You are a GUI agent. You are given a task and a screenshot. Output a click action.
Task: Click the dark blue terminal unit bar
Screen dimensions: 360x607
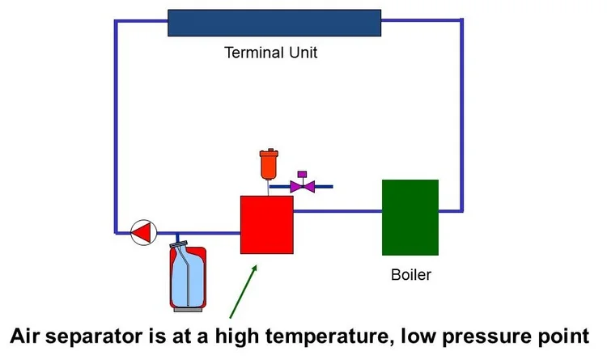pos(274,23)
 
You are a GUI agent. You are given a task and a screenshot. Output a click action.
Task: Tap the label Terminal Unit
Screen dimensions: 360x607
pos(271,54)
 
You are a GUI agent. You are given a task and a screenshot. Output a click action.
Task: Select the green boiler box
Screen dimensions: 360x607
pos(410,217)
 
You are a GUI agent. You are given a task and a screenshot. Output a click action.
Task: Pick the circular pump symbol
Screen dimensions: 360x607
pos(142,232)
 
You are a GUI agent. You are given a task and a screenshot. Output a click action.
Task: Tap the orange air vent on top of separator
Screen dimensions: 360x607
pos(265,165)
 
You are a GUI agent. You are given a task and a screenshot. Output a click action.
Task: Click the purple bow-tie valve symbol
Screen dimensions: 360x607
pos(304,187)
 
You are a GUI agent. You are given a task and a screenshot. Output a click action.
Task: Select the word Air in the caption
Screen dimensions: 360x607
pos(27,335)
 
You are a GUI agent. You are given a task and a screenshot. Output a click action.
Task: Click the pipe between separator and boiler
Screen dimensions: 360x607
pos(337,212)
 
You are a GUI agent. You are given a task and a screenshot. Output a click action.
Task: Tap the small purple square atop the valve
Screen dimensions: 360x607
pos(303,174)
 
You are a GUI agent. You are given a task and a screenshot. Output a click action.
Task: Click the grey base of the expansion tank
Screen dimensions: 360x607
pos(189,307)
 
